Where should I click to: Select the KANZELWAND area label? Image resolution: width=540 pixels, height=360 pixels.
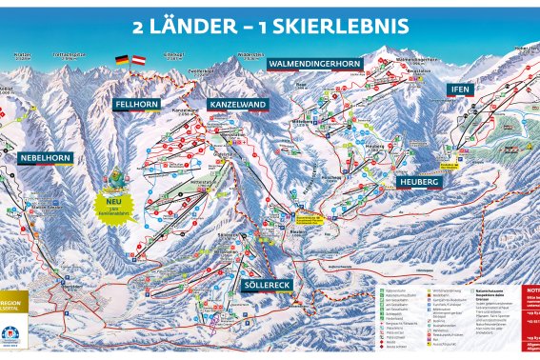232,106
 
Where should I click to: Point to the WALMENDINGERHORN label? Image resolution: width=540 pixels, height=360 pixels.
314,64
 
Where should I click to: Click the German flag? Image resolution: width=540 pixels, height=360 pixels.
122,59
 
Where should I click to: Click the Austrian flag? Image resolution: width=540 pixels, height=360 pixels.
139,59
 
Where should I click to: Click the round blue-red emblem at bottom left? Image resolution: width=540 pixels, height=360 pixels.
10,334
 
